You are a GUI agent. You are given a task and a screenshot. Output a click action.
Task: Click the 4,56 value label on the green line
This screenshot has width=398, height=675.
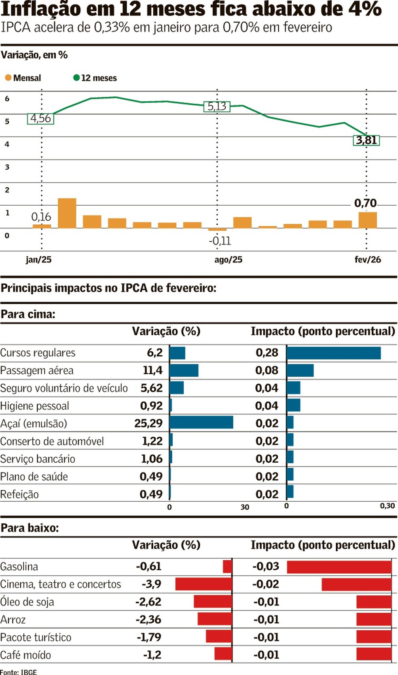[x=40, y=119]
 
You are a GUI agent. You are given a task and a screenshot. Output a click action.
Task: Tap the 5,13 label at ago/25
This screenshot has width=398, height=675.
[x=217, y=106]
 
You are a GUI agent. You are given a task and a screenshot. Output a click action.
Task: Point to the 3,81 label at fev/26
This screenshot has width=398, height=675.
[x=366, y=141]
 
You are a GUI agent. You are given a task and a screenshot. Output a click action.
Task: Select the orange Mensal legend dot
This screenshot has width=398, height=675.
[x=8, y=78]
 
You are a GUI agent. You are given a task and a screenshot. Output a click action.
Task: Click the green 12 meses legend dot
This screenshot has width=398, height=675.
[x=76, y=78]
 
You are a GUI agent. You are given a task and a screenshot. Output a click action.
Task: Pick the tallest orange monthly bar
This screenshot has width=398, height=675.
[x=67, y=213]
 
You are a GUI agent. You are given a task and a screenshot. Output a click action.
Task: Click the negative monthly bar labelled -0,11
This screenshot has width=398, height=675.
[x=217, y=230]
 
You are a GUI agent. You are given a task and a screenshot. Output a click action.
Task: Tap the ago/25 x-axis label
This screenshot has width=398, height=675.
[x=228, y=260]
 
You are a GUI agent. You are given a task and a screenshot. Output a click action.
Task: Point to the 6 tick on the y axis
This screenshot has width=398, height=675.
[x=7, y=99]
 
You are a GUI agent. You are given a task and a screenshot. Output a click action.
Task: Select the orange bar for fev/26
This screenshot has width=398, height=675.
[x=368, y=220]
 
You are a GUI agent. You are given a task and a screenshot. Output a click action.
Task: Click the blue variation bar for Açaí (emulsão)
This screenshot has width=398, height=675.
[x=201, y=422]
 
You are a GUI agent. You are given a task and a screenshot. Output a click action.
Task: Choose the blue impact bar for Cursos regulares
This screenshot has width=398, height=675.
[x=334, y=353]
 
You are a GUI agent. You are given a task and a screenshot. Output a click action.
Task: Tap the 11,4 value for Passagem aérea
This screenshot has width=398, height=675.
[x=152, y=370]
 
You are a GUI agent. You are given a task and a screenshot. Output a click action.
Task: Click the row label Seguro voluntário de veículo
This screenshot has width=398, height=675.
[x=64, y=388]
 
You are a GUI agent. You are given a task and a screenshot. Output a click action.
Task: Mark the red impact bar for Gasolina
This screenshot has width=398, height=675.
[x=339, y=566]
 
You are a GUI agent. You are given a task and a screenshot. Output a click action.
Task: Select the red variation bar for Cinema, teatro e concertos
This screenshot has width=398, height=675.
[x=203, y=584]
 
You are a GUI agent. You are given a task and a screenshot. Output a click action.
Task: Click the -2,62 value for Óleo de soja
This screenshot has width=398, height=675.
[x=148, y=602]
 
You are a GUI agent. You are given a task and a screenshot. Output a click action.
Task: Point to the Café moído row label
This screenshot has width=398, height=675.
[x=25, y=655]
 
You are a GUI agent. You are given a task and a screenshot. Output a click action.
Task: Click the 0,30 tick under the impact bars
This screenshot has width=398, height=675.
[x=387, y=506]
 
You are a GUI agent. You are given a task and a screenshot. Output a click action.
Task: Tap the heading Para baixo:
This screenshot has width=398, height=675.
[x=30, y=528]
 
